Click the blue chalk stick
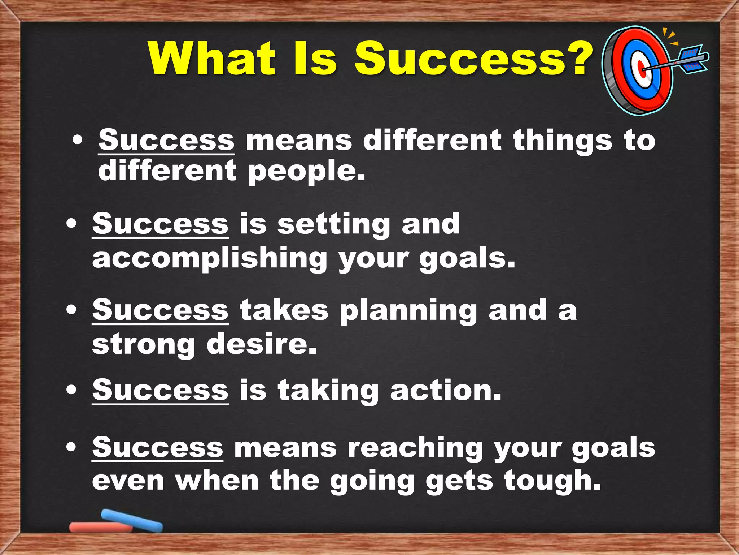click(132, 520)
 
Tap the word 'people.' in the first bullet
click(307, 172)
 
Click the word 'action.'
click(446, 390)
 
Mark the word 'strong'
click(144, 345)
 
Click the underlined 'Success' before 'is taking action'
click(160, 390)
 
